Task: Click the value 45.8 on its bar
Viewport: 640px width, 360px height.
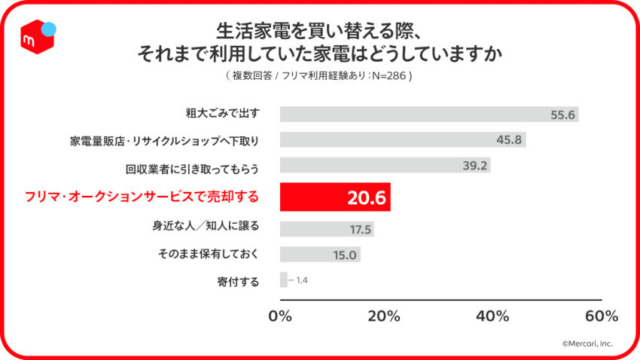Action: (x=510, y=140)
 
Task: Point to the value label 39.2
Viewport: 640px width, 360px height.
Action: (x=474, y=165)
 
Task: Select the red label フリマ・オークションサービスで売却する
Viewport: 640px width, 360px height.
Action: (x=142, y=197)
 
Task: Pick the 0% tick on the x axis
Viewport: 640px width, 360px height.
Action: (x=280, y=316)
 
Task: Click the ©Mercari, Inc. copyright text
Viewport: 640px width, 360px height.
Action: (x=587, y=343)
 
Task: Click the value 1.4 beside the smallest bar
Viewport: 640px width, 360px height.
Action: (x=301, y=280)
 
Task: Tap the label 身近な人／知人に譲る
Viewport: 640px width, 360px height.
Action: (x=206, y=226)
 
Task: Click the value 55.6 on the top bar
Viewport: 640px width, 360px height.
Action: (x=562, y=114)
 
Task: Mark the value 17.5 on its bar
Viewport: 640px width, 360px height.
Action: (x=358, y=229)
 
